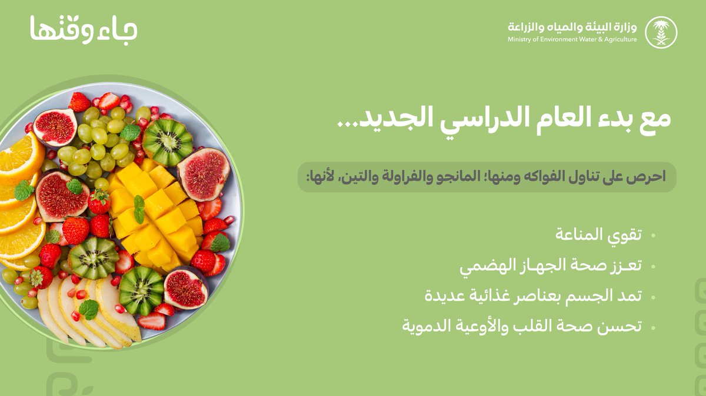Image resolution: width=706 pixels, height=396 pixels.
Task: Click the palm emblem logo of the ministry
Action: tap(661, 32)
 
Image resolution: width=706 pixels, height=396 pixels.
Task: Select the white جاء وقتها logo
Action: tap(84, 29)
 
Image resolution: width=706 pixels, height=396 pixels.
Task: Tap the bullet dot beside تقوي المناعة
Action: tap(654, 236)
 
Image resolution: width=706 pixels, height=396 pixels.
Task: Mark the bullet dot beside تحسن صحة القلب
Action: tap(654, 327)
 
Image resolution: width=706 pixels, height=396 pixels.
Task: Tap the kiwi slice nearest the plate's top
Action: tap(167, 142)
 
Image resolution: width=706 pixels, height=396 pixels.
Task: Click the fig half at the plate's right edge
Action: tap(204, 174)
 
